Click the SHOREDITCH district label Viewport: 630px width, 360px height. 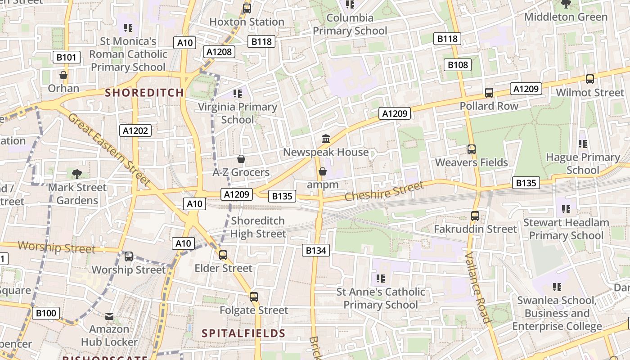click(144, 93)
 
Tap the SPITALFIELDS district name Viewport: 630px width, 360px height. click(243, 333)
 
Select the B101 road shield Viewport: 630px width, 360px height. click(67, 57)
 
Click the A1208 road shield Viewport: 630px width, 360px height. click(219, 52)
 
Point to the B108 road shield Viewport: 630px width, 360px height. click(458, 65)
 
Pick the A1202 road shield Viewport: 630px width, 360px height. click(135, 130)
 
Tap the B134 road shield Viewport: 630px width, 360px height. click(315, 250)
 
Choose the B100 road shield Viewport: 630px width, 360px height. click(45, 313)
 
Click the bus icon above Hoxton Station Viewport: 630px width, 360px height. click(247, 8)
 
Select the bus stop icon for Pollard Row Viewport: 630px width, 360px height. click(489, 93)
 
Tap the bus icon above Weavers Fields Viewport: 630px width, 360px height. click(471, 149)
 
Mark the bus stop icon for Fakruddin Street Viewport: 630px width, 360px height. click(475, 216)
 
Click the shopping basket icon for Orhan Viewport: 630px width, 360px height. click(63, 75)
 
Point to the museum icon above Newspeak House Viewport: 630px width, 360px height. click(326, 139)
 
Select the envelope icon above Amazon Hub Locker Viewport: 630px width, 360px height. click(109, 316)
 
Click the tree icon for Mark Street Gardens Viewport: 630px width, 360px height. click(77, 174)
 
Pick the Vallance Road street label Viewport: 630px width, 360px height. click(477, 287)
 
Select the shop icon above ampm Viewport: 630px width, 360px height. click(322, 171)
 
